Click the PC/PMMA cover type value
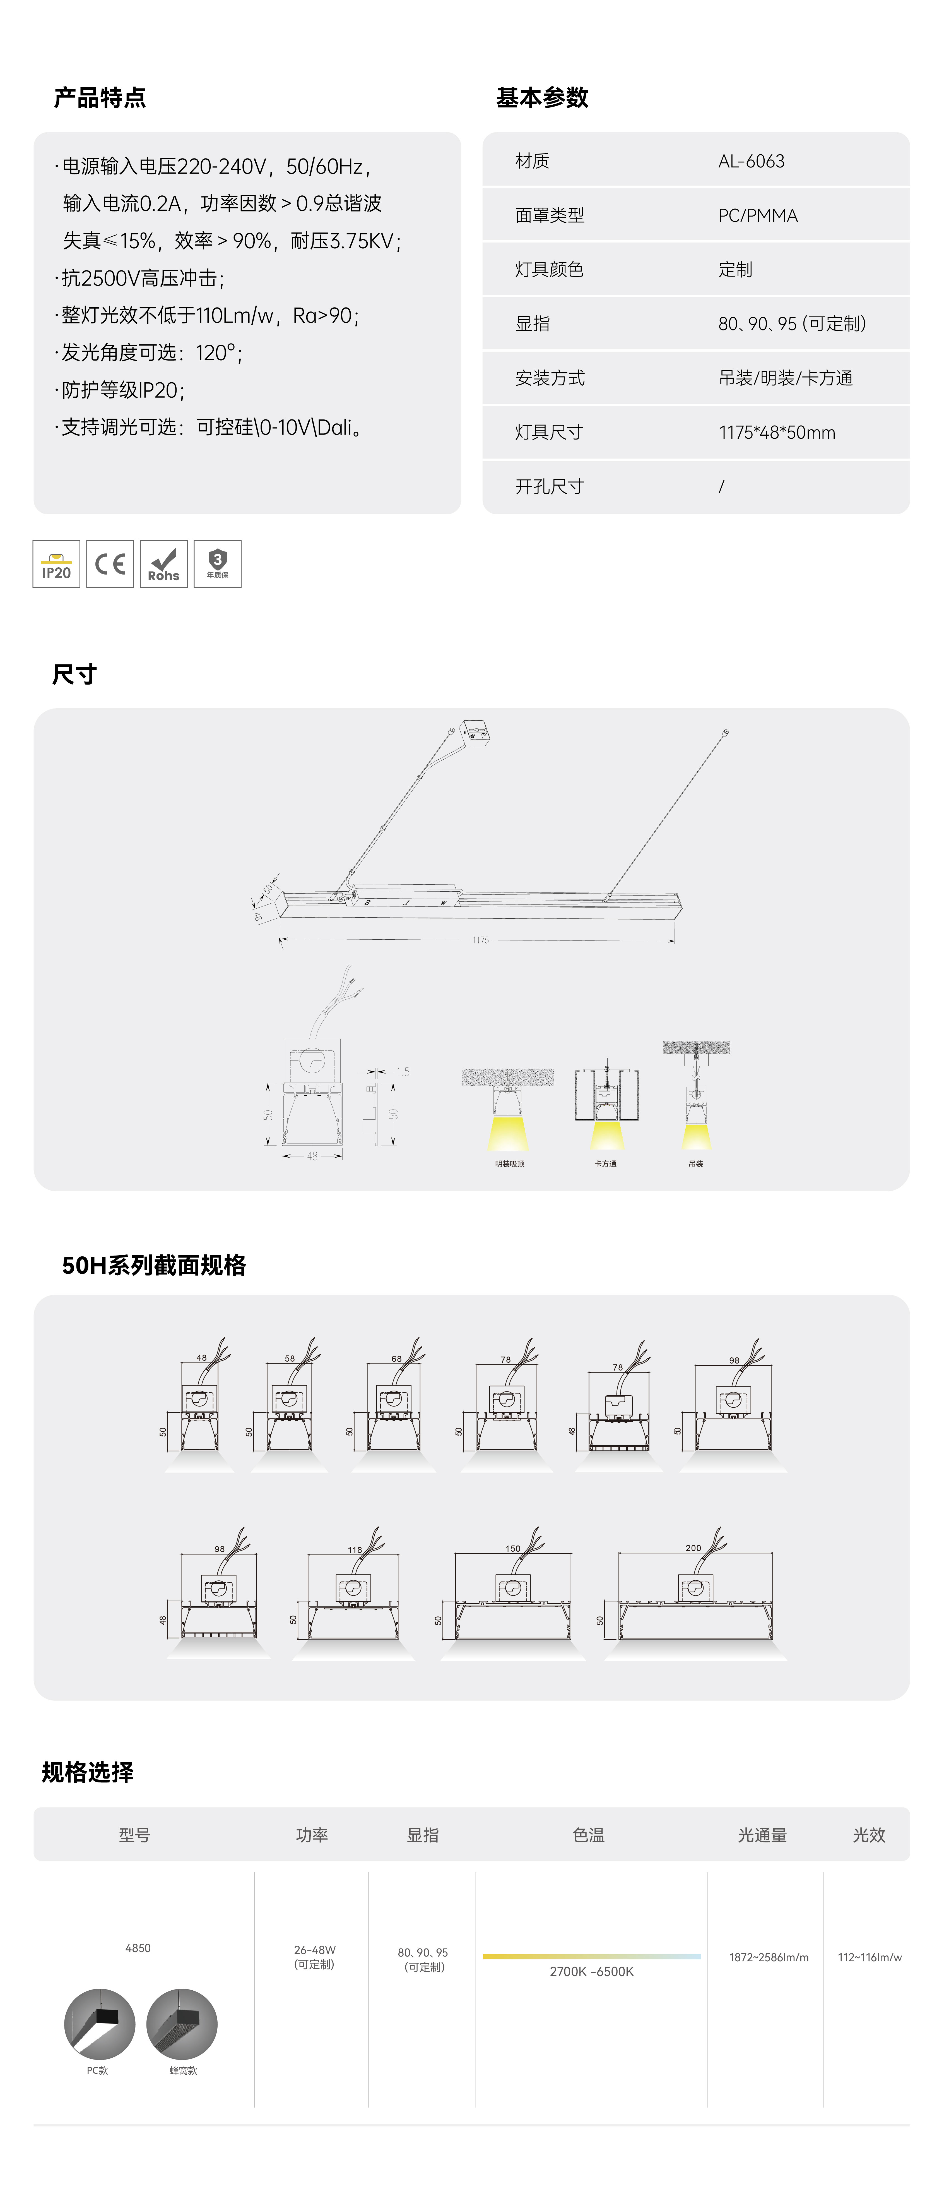click(758, 215)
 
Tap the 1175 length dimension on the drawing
click(481, 940)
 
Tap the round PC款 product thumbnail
click(99, 2023)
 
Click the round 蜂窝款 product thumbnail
click(182, 2023)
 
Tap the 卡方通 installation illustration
click(606, 1103)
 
